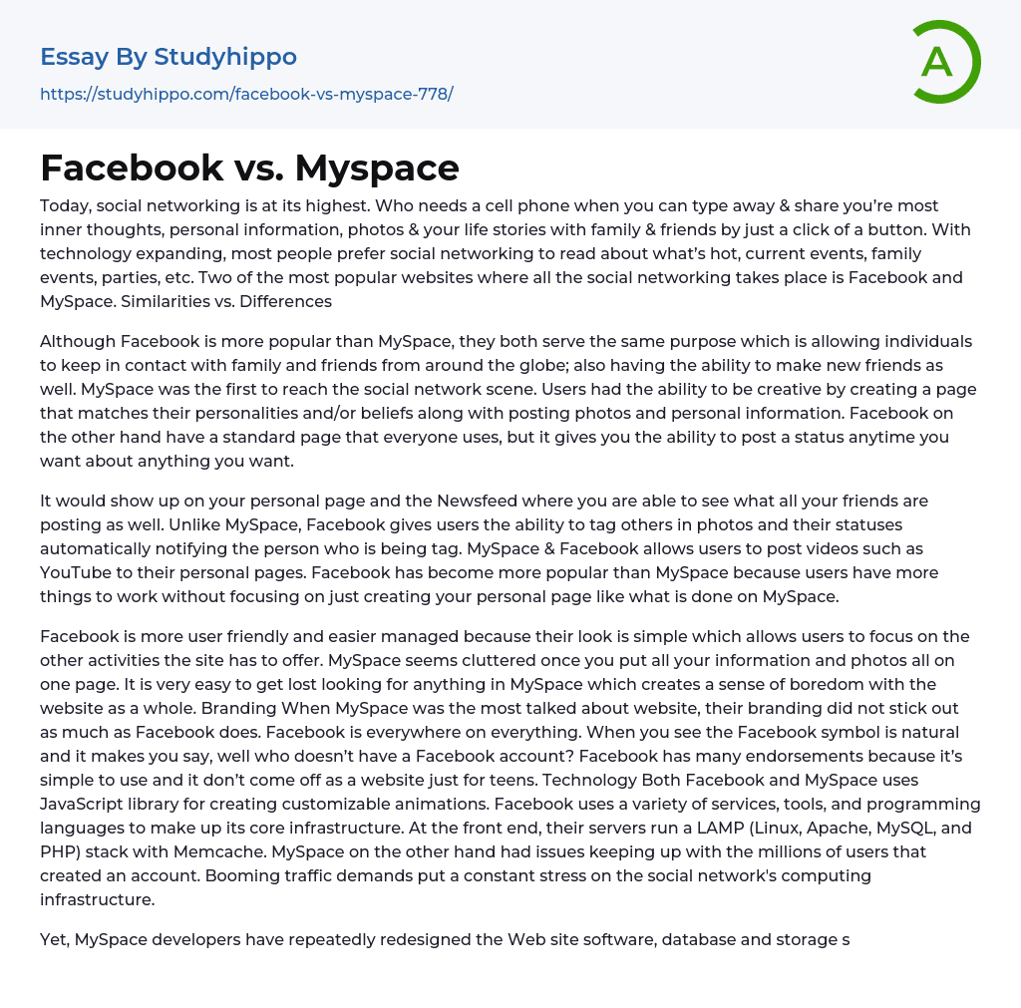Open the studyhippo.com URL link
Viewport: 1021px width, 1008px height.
click(x=246, y=94)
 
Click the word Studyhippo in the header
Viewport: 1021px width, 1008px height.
click(x=225, y=57)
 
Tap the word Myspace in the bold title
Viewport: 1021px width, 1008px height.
click(x=377, y=168)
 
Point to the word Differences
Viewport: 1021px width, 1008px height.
click(x=286, y=301)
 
